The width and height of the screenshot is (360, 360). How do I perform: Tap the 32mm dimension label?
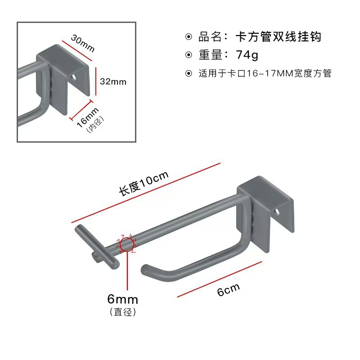pyautogui.click(x=113, y=81)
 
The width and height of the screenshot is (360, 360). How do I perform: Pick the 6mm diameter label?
pyautogui.click(x=122, y=299)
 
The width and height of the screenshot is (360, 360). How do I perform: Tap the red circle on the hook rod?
pyautogui.click(x=126, y=244)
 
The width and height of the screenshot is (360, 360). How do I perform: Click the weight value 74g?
pyautogui.click(x=247, y=55)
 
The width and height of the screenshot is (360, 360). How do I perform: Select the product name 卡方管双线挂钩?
pyautogui.click(x=278, y=36)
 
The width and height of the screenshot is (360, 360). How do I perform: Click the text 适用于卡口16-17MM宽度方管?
pyautogui.click(x=265, y=73)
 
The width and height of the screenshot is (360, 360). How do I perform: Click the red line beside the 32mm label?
pyautogui.click(x=95, y=81)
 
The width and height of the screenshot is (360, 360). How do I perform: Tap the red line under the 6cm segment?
pyautogui.click(x=220, y=279)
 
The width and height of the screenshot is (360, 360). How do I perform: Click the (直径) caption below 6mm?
pyautogui.click(x=122, y=312)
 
